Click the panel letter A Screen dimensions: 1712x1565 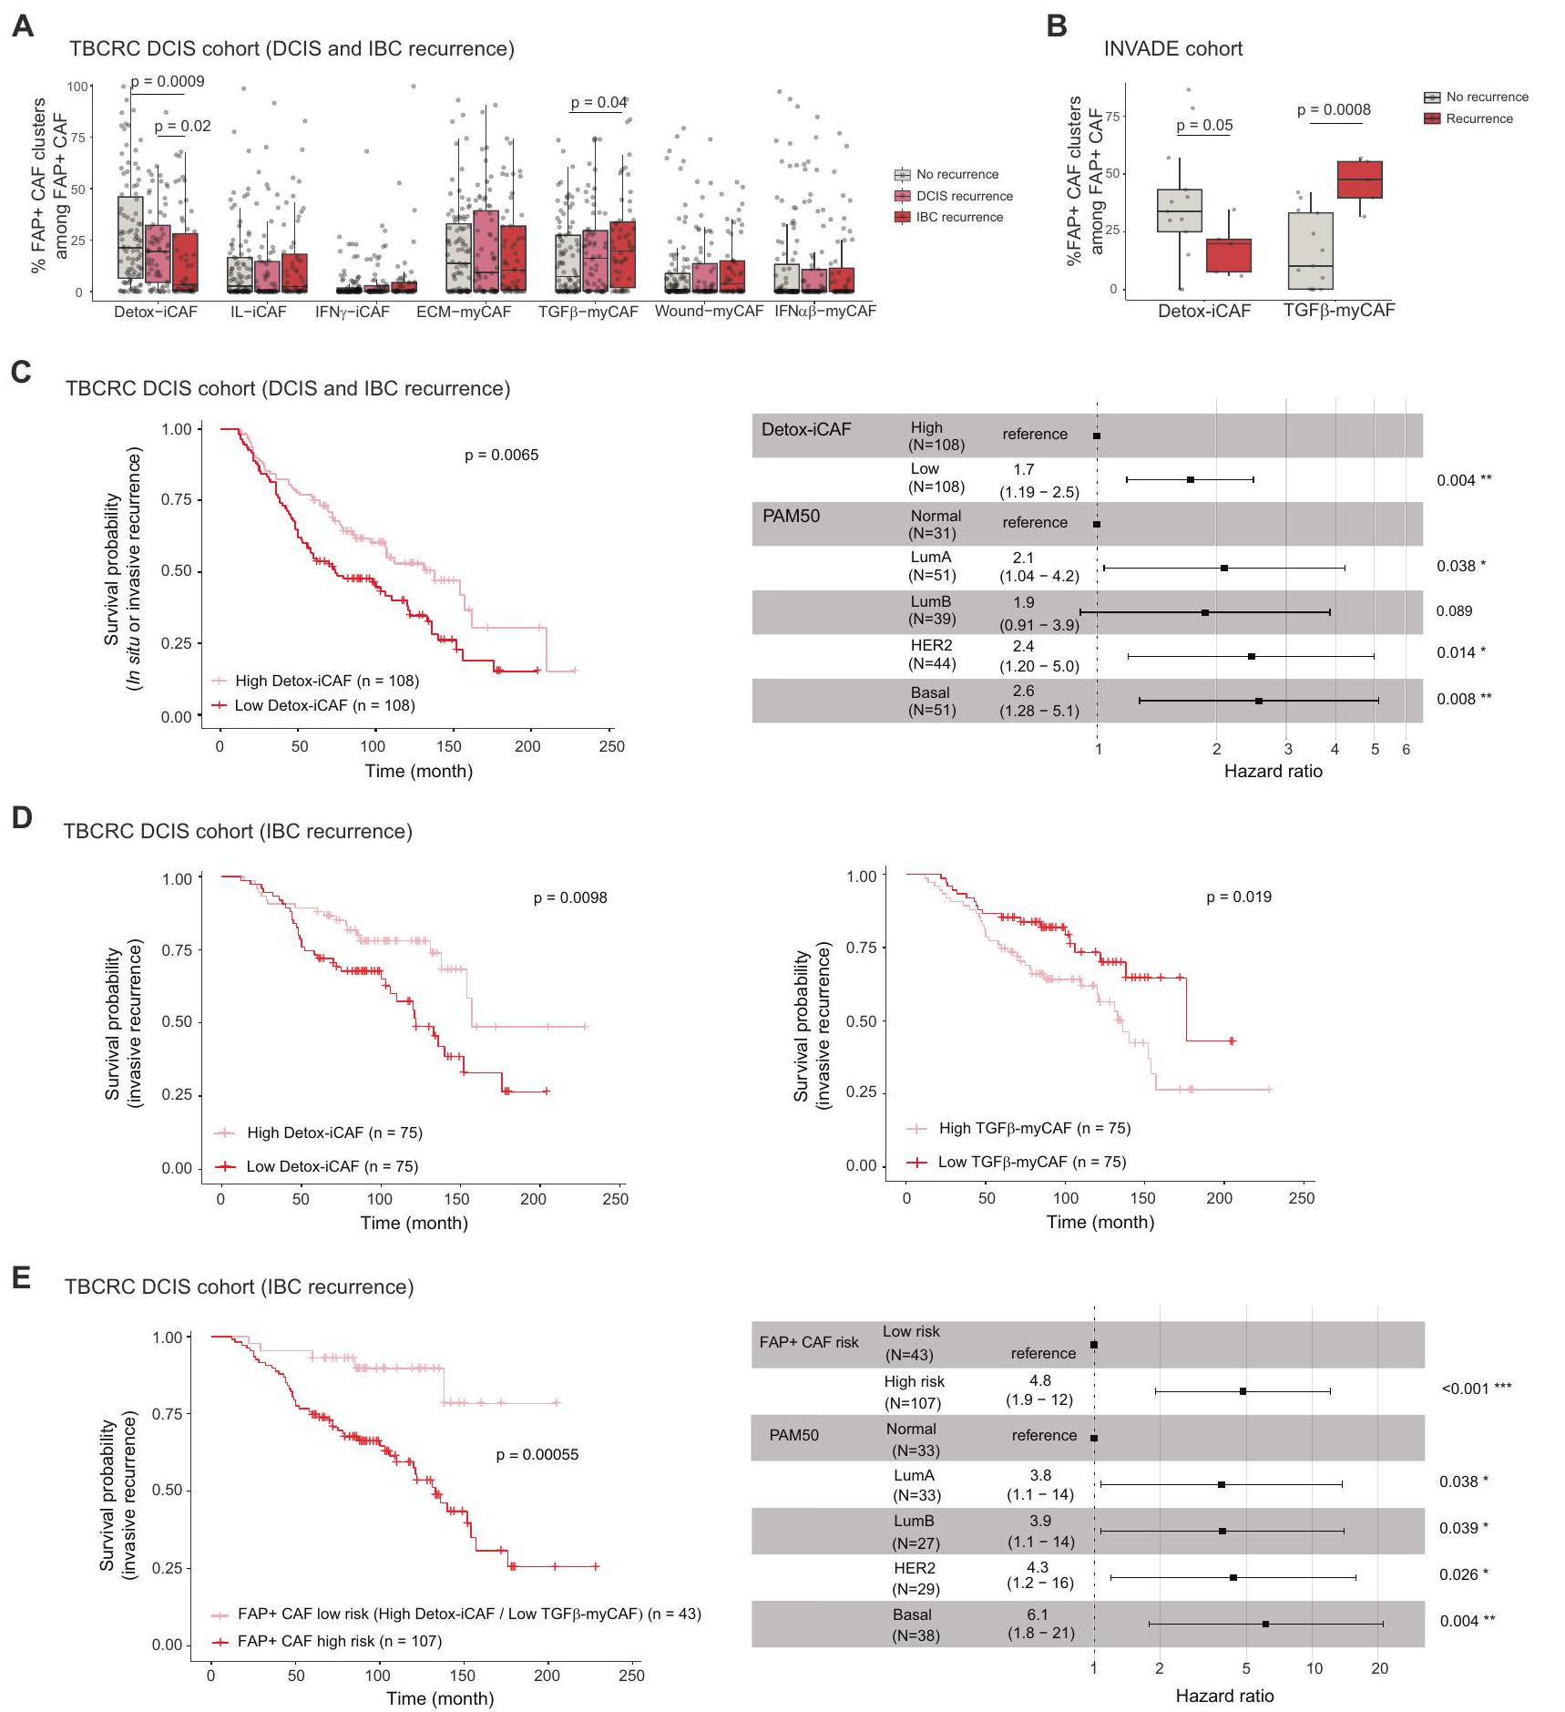pos(23,26)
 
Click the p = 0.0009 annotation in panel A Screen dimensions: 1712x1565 pos(168,81)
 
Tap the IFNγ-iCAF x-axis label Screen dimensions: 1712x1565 pos(353,312)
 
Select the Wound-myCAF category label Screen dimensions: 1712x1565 pos(709,311)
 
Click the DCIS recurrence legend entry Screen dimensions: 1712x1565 pos(964,196)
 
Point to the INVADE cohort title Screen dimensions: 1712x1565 pos(1172,49)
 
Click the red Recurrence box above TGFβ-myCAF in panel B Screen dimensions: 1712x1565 pos(1360,179)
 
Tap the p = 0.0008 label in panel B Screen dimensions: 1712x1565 pos(1334,110)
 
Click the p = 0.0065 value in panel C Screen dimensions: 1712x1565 pos(501,455)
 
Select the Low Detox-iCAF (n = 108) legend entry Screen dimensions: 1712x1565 pos(324,705)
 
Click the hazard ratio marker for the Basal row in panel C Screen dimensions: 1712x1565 pos(1258,701)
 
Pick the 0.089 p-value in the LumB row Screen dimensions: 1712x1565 pos(1454,611)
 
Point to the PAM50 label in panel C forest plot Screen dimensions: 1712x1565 pos(791,517)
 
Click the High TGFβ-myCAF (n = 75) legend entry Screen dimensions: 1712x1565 pos(1034,1128)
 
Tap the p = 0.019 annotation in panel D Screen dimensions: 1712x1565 pos(1238,897)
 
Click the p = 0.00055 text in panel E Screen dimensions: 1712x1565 pos(537,1454)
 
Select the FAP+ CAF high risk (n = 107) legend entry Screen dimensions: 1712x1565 pos(339,1641)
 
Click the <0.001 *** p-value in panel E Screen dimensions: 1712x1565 pos(1476,1389)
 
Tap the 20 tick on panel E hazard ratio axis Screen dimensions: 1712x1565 pos(1379,1668)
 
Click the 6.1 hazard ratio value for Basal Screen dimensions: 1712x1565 pos(1038,1615)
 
